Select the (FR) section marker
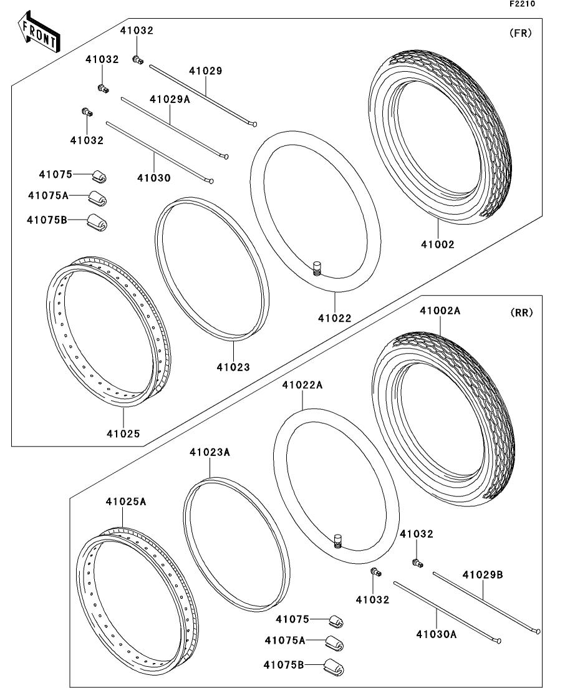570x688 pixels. pyautogui.click(x=521, y=34)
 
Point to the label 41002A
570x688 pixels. pyautogui.click(x=440, y=310)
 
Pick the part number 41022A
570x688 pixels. pyautogui.click(x=302, y=385)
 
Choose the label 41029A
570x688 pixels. pyautogui.click(x=170, y=99)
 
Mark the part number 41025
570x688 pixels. pyautogui.click(x=123, y=433)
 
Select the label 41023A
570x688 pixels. pyautogui.click(x=210, y=452)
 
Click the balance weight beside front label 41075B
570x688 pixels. pyautogui.click(x=97, y=220)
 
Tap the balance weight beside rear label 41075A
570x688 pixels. pyautogui.click(x=334, y=642)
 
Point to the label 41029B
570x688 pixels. pyautogui.click(x=482, y=574)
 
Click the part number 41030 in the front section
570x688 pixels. pyautogui.click(x=154, y=178)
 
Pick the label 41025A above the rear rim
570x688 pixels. pyautogui.click(x=126, y=501)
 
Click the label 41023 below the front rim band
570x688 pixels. pyautogui.click(x=233, y=367)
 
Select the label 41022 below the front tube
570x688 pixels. pyautogui.click(x=335, y=318)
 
